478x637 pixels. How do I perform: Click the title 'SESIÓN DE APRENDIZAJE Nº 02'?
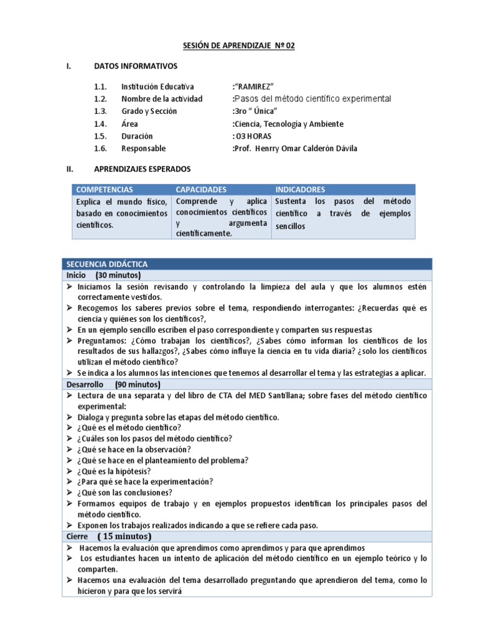tap(238, 45)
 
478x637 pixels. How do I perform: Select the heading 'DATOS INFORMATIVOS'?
tap(135, 66)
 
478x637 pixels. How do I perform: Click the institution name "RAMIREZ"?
tap(253, 86)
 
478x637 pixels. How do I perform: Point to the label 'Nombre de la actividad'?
tap(162, 99)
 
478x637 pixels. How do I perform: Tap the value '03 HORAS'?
tap(251, 136)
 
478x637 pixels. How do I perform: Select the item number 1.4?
tap(100, 124)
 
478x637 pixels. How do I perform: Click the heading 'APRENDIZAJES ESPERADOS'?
tap(142, 169)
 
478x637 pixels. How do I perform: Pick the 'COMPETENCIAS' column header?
tap(104, 189)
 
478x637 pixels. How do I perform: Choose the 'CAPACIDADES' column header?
tap(201, 189)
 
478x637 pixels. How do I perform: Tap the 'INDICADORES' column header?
tap(300, 189)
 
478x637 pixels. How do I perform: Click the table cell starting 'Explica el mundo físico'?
tap(121, 213)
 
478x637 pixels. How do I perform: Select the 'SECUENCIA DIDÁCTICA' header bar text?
tap(106, 264)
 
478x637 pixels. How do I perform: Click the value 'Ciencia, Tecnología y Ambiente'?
tap(288, 124)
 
